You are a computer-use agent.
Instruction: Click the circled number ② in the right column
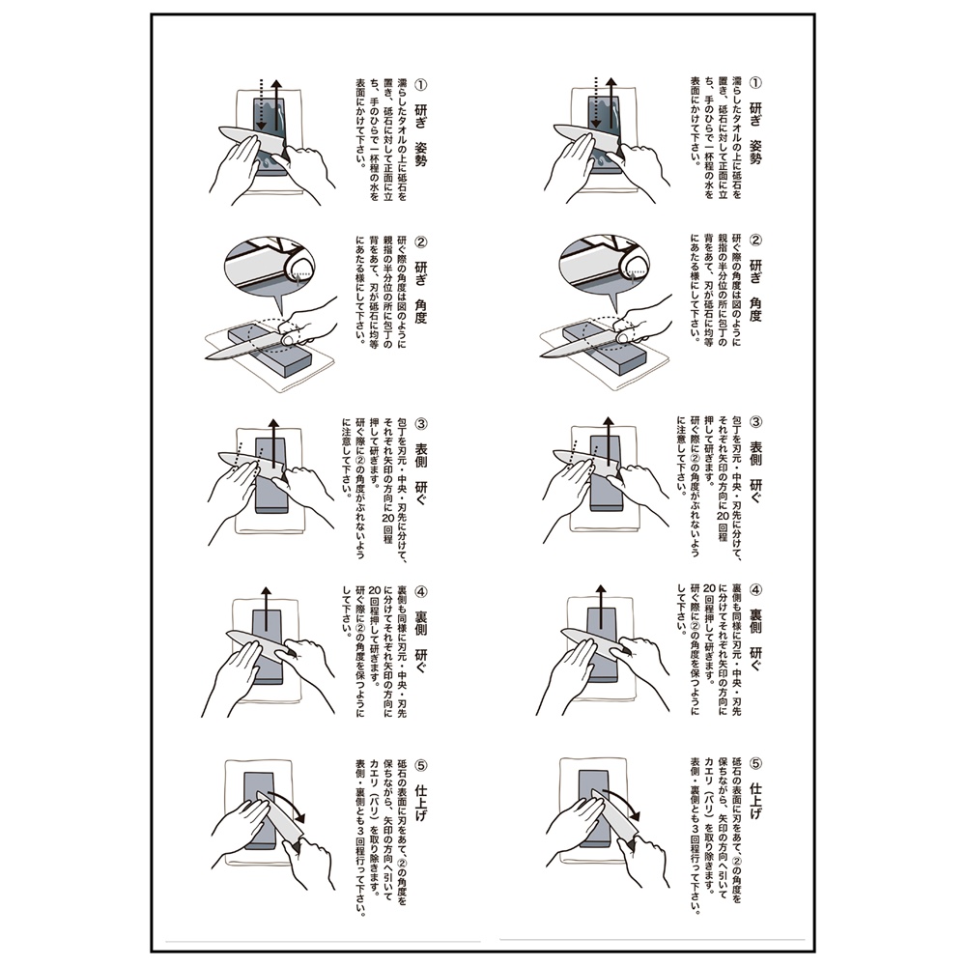756,240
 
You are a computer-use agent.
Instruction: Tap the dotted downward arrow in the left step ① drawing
262,104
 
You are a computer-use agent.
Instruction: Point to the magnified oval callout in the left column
270,266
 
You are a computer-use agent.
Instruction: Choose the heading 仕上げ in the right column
756,800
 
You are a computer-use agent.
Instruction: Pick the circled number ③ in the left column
421,424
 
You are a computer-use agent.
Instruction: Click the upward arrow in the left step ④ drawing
267,609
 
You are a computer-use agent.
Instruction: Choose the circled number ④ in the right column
756,589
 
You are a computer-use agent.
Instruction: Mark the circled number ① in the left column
421,84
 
